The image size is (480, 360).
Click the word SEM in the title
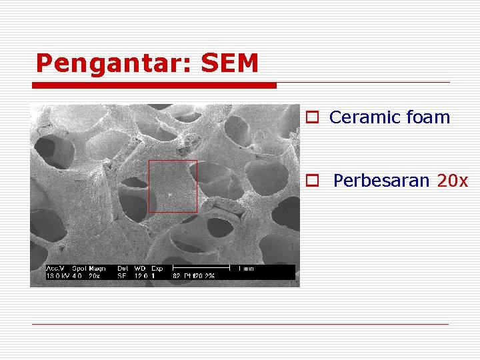tap(229, 63)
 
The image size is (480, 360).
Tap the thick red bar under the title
tap(155, 85)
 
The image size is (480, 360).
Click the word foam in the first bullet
tap(427, 118)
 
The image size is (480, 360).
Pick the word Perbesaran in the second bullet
tap(381, 181)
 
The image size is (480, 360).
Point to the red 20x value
tap(453, 181)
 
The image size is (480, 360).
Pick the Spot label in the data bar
tap(79, 269)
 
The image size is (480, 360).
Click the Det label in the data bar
tap(122, 269)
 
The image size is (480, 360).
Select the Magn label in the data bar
tap(97, 269)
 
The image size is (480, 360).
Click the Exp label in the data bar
tap(157, 269)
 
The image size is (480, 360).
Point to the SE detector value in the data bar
tap(122, 275)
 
